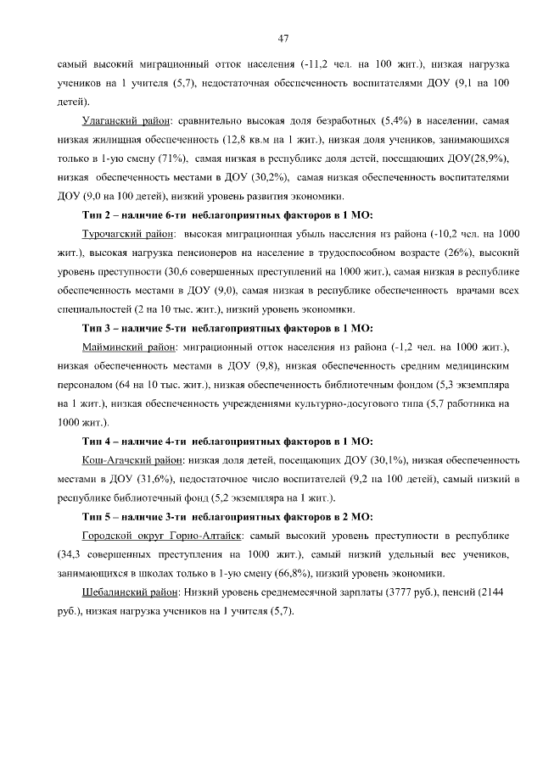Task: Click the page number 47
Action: pyautogui.click(x=283, y=37)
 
